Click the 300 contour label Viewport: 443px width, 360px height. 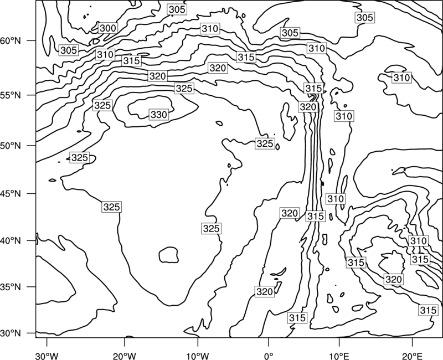pos(108,28)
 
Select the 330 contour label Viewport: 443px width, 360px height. pos(159,115)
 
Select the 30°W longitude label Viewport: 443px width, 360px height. pos(47,356)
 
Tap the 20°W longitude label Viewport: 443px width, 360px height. pos(125,356)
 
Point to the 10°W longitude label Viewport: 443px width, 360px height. pos(198,356)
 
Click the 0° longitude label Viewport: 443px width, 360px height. pos(269,356)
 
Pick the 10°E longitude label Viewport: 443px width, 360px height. pos(339,356)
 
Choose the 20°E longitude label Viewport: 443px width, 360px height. pos(412,356)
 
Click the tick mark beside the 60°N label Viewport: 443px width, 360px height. pos(32,40)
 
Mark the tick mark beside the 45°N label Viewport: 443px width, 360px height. pos(32,193)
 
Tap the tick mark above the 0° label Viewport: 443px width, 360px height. pos(269,342)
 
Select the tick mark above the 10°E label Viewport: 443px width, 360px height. pos(339,342)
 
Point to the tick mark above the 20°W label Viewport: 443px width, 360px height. pos(125,342)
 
